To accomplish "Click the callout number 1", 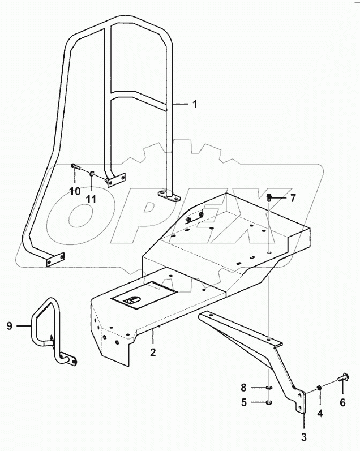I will click(194, 104).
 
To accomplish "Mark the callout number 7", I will click(292, 198).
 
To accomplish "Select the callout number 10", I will click(75, 191).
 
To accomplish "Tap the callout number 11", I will click(92, 198).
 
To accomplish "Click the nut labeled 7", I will click(271, 197).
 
